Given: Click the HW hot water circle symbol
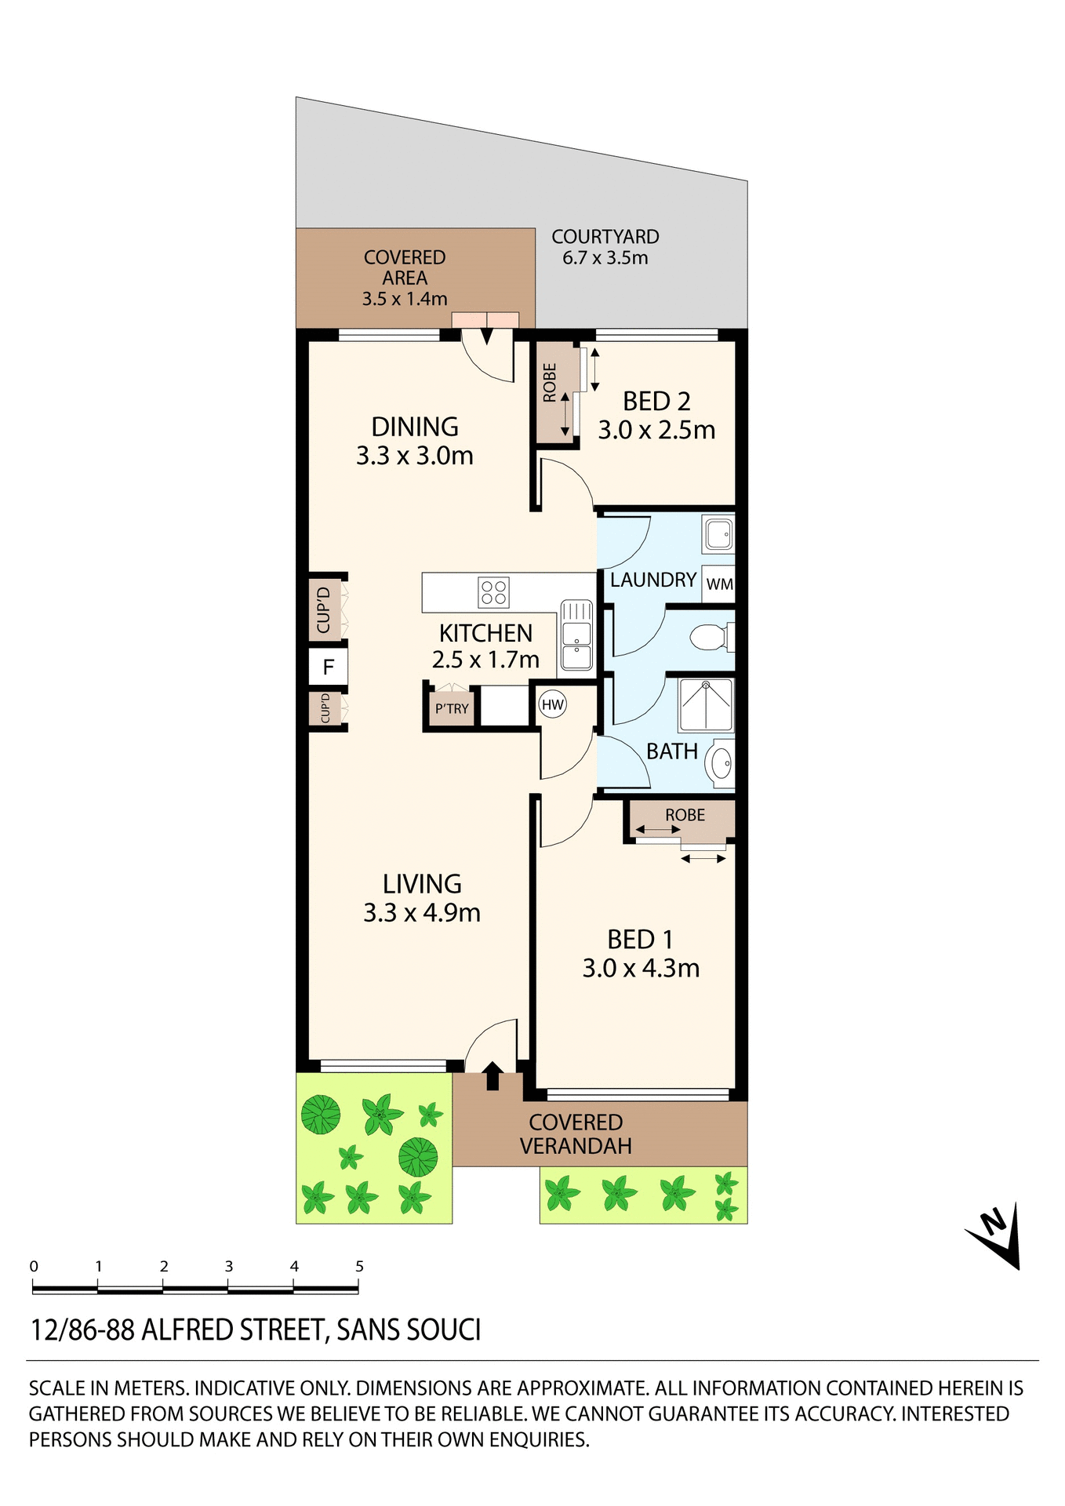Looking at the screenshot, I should [553, 704].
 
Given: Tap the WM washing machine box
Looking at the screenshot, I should [718, 584].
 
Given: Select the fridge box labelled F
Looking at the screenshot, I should [328, 668].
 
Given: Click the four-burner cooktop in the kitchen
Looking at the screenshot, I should [493, 592].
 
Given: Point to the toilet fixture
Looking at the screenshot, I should [711, 637].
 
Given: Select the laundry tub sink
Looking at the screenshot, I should [718, 533].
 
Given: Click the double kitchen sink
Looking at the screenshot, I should [576, 635].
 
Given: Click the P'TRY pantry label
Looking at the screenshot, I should [452, 709].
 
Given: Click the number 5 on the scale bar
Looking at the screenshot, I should [359, 1266].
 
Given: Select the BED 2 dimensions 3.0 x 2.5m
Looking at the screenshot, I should [656, 430].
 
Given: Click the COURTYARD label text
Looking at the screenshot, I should [605, 237].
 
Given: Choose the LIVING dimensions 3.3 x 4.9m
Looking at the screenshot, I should [422, 912].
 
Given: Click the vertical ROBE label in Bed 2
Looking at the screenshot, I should [550, 383].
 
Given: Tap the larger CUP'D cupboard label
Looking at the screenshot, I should [323, 610].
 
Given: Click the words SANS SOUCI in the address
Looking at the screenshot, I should [408, 1330].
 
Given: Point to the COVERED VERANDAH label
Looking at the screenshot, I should [575, 1134].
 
